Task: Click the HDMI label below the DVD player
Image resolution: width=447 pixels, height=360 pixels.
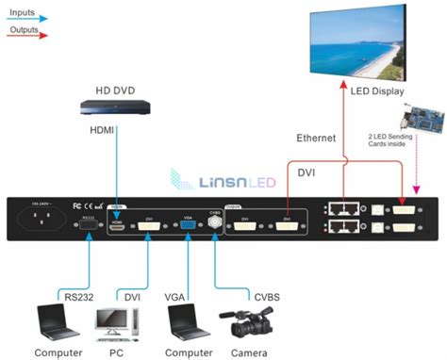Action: tap(105, 129)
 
